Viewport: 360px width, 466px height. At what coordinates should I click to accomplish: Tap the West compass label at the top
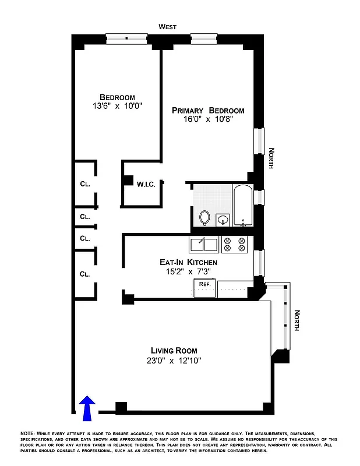168,27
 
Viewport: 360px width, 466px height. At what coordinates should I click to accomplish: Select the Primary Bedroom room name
208,110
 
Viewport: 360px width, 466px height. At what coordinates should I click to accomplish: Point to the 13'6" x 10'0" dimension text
117,106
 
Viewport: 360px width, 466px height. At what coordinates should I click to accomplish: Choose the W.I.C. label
146,185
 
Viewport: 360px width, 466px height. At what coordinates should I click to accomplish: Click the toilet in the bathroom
204,217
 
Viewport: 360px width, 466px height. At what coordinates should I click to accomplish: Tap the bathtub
242,205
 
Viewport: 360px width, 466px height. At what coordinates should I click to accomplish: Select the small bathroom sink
223,220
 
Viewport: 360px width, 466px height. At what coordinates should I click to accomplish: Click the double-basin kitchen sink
203,245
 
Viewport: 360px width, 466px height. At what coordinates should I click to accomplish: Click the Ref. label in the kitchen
204,284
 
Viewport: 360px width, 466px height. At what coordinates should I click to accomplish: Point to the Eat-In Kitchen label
185,262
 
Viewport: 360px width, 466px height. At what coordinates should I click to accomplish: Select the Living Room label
174,350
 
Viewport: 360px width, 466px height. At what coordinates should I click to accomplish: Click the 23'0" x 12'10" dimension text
174,360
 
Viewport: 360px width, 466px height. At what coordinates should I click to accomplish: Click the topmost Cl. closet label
85,184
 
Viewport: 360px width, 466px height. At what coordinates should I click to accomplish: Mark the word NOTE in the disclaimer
27,434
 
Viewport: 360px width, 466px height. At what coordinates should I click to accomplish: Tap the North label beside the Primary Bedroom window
271,158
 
